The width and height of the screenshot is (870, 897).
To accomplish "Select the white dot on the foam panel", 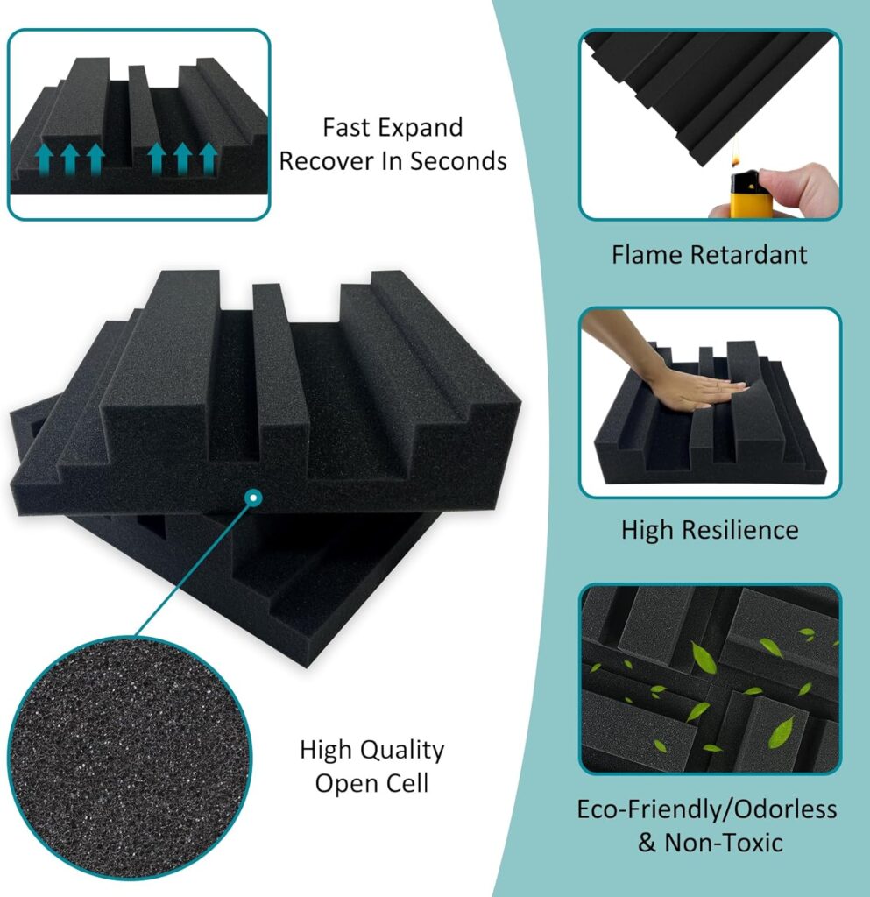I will [x=253, y=498].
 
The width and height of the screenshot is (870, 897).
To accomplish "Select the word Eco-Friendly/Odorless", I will [x=706, y=809].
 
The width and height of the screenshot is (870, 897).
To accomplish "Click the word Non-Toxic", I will [x=724, y=843].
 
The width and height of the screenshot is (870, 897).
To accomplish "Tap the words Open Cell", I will [x=372, y=783].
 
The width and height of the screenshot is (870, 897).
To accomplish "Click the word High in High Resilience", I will [x=649, y=530].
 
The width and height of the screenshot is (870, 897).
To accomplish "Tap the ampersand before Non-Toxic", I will [x=647, y=843].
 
